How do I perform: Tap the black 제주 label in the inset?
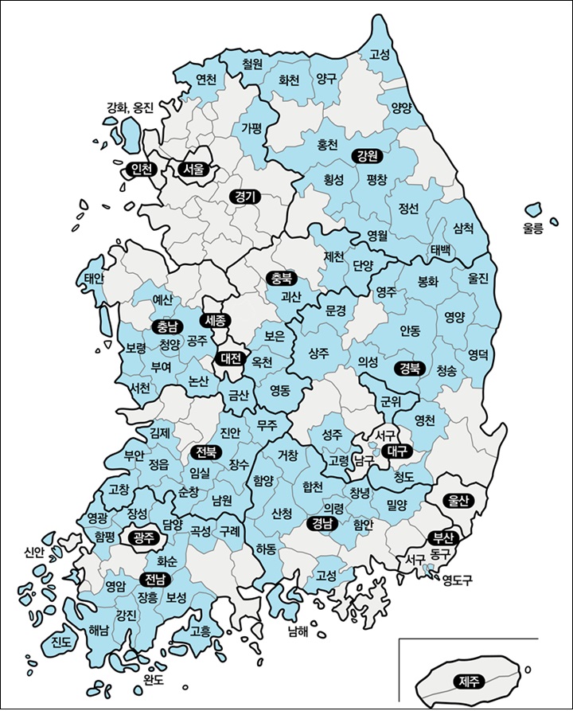point(469,681)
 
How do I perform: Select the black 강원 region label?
point(367,155)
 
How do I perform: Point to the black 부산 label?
point(440,537)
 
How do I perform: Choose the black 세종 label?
point(216,321)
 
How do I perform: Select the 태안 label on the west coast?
point(95,279)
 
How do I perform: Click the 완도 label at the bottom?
point(153,679)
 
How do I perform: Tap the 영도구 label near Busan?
point(458,580)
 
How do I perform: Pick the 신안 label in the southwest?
point(34,551)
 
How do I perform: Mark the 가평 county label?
point(251,127)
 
